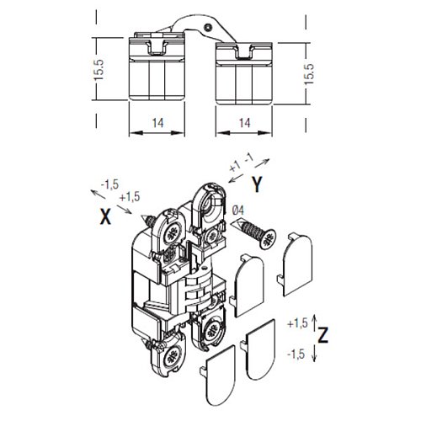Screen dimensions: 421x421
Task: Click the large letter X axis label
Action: [105, 217]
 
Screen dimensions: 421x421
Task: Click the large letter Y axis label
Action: [257, 185]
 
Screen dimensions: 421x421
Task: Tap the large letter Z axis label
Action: [323, 334]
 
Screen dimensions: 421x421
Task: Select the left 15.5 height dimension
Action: [99, 70]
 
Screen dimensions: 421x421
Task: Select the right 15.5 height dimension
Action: [309, 74]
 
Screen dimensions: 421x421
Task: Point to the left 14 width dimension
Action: [157, 123]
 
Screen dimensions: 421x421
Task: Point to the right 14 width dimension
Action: [245, 123]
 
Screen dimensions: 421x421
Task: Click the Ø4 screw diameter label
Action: [238, 210]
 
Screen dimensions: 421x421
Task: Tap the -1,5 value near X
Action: [109, 184]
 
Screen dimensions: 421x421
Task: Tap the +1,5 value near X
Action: [130, 197]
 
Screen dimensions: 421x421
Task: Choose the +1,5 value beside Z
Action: [297, 323]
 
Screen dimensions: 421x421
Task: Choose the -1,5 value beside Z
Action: [296, 354]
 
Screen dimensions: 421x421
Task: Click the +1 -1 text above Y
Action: [241, 163]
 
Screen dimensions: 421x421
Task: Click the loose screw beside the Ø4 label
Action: [253, 232]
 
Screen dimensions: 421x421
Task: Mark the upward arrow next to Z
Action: [315, 322]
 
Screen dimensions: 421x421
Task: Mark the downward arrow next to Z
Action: [315, 354]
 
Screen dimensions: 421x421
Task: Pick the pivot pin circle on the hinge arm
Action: [207, 27]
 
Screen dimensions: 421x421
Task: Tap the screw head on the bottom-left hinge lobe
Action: [170, 359]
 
